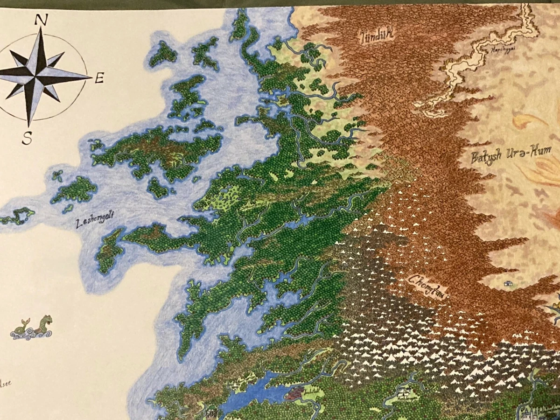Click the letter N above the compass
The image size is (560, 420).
click(x=42, y=20)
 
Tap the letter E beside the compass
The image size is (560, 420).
click(x=98, y=79)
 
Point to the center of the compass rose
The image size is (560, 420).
click(x=39, y=75)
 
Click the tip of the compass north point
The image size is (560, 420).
click(x=41, y=28)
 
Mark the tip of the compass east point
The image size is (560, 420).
click(x=91, y=76)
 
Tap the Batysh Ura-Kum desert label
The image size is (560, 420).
click(x=511, y=154)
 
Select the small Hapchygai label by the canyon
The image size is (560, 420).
click(x=502, y=50)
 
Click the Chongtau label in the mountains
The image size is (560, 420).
click(x=427, y=285)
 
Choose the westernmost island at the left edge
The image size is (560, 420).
click(x=16, y=216)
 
